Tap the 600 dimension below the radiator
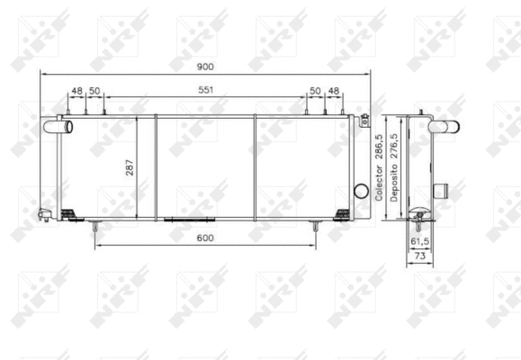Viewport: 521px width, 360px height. [x=204, y=238]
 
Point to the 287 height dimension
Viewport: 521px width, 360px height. [x=130, y=166]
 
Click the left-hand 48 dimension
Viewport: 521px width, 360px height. [x=77, y=91]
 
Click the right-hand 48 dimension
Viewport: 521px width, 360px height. [x=334, y=91]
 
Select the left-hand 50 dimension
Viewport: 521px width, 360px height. [x=94, y=91]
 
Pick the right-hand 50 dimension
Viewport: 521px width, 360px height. [x=315, y=91]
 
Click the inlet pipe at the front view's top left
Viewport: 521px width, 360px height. [x=66, y=127]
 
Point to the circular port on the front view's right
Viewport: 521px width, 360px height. [x=362, y=191]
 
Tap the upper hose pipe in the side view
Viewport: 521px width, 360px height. [x=444, y=128]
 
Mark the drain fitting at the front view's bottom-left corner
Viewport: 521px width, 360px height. [x=44, y=213]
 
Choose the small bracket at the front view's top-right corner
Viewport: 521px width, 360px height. [x=364, y=118]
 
